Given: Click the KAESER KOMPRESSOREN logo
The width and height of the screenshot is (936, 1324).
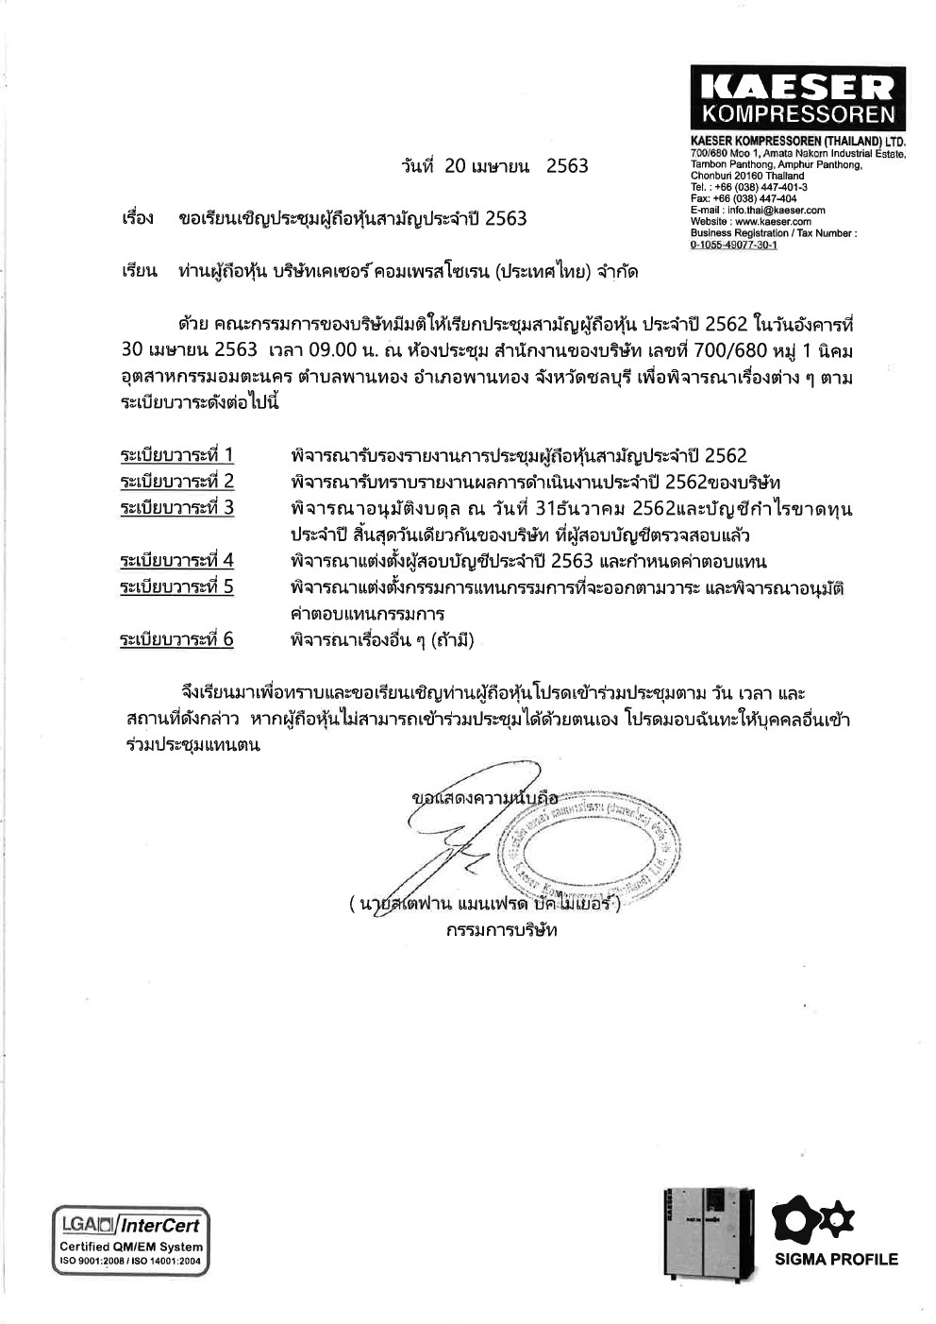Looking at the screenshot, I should pyautogui.click(x=797, y=98).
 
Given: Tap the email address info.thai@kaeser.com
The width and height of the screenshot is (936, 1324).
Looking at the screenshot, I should pyautogui.click(x=771, y=211).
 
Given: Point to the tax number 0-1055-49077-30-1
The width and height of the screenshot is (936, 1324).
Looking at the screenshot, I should pyautogui.click(x=733, y=245).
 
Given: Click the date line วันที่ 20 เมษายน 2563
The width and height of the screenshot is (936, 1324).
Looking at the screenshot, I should pyautogui.click(x=493, y=166).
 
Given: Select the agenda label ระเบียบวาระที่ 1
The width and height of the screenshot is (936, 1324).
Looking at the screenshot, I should pyautogui.click(x=176, y=456).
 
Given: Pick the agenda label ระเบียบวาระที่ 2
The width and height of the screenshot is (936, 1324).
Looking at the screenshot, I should pyautogui.click(x=176, y=482).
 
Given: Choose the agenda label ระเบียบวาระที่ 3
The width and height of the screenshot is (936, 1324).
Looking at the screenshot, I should pyautogui.click(x=176, y=508).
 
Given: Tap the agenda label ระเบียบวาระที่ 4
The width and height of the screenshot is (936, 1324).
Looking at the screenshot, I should pyautogui.click(x=176, y=561).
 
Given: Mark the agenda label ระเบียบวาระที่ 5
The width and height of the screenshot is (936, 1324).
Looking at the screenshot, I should pyautogui.click(x=176, y=586).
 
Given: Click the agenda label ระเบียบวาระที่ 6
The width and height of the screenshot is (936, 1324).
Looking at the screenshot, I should pyautogui.click(x=176, y=639).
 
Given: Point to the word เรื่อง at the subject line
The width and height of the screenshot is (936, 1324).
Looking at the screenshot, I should pyautogui.click(x=138, y=219).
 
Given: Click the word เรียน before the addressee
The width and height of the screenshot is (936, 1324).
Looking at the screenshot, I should pyautogui.click(x=139, y=272).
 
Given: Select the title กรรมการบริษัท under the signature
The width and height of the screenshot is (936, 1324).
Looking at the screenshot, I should pyautogui.click(x=501, y=930).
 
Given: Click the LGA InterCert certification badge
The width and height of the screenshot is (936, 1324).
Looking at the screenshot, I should pyautogui.click(x=130, y=1241).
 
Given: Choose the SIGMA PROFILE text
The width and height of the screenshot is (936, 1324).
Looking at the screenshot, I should pyautogui.click(x=836, y=1259).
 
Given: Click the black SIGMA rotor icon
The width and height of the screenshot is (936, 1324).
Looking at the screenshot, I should pyautogui.click(x=812, y=1219).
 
